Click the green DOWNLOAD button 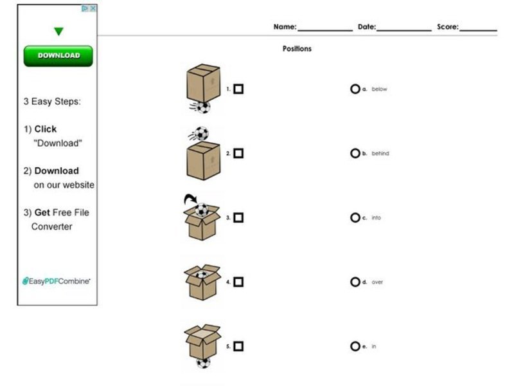pos(58,56)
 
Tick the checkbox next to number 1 pos(238,89)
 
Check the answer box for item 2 pos(238,154)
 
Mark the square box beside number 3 pos(238,218)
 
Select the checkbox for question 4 pos(238,282)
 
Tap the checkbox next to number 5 pos(238,346)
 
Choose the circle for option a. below pos(355,89)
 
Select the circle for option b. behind pos(355,154)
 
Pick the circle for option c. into pos(355,218)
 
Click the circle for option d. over pos(355,282)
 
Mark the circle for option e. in pos(355,346)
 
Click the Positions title pos(297,49)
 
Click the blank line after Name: pos(324,28)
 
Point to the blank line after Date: pos(404,28)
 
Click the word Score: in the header pos(448,27)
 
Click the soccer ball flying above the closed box pos(201,134)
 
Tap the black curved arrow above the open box pos(190,199)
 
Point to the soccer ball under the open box pos(203,363)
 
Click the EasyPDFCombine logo pos(57,281)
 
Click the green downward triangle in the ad pos(58,32)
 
